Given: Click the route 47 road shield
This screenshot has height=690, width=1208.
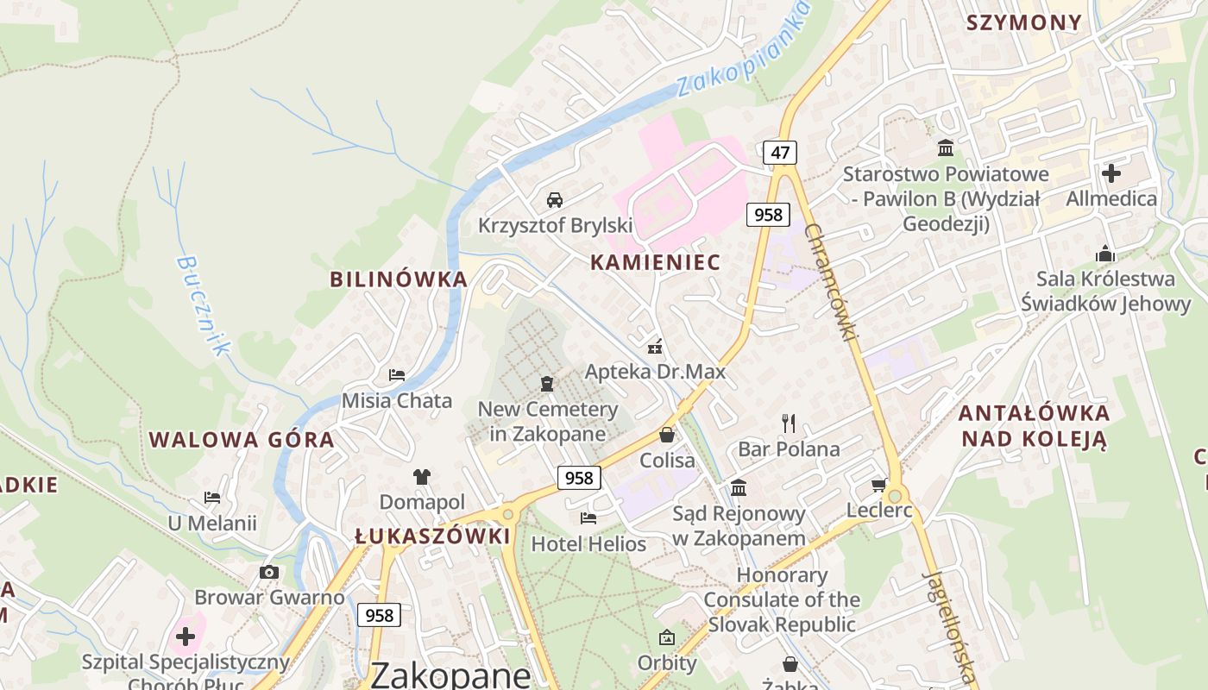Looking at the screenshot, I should [x=780, y=153].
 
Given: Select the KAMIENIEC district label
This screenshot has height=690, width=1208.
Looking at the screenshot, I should [x=655, y=263].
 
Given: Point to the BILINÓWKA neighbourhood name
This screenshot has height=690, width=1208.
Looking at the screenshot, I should [x=399, y=279].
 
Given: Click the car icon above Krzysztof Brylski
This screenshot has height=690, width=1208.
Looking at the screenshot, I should [x=555, y=200].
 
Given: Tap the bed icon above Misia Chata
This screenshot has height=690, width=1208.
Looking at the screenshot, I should [x=397, y=374].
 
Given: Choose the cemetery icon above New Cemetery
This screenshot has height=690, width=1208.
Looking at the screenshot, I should [x=546, y=383].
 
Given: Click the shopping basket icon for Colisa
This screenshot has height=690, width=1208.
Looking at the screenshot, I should [x=667, y=434].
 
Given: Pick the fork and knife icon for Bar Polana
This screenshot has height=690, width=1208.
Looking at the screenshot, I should [x=788, y=423].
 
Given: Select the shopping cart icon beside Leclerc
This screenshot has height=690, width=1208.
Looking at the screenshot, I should [x=879, y=486].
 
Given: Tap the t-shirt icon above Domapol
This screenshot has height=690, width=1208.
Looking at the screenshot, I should [x=421, y=476].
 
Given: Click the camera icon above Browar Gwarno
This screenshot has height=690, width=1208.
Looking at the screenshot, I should [x=269, y=572].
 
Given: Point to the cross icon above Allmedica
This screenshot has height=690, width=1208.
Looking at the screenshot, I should [x=1111, y=173].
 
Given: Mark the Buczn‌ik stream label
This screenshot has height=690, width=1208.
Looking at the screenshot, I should [x=204, y=304].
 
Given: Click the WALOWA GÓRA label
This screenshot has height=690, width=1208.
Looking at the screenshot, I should [x=242, y=440].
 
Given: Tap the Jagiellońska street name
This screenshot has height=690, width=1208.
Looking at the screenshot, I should [x=949, y=625].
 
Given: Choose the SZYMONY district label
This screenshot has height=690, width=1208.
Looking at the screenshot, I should [x=1024, y=23].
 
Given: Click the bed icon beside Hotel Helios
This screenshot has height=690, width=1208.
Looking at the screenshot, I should [x=588, y=517].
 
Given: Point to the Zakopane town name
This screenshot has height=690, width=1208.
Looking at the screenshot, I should [x=450, y=674].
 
